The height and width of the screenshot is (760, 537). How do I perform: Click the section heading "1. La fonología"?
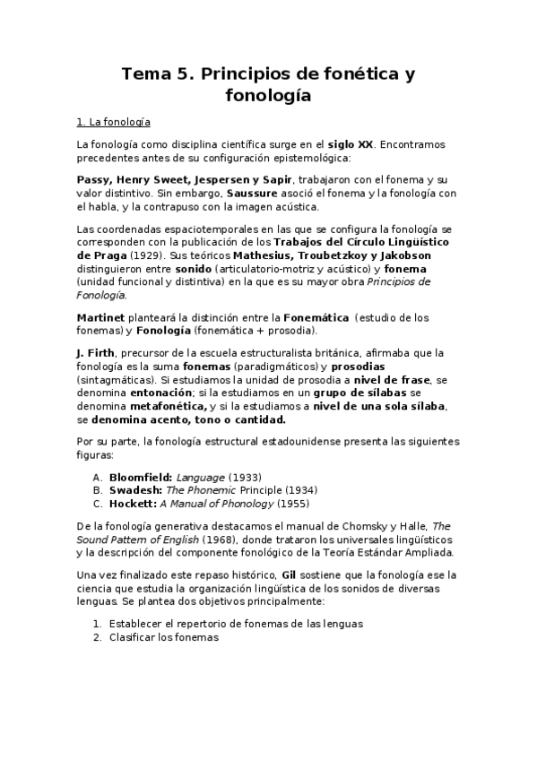[113, 121]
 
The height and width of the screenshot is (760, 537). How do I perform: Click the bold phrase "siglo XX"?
[351, 144]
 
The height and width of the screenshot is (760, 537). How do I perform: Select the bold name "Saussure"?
[256, 193]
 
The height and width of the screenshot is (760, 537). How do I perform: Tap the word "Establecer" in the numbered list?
[136, 624]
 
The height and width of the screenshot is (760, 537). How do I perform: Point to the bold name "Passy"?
[96, 179]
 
